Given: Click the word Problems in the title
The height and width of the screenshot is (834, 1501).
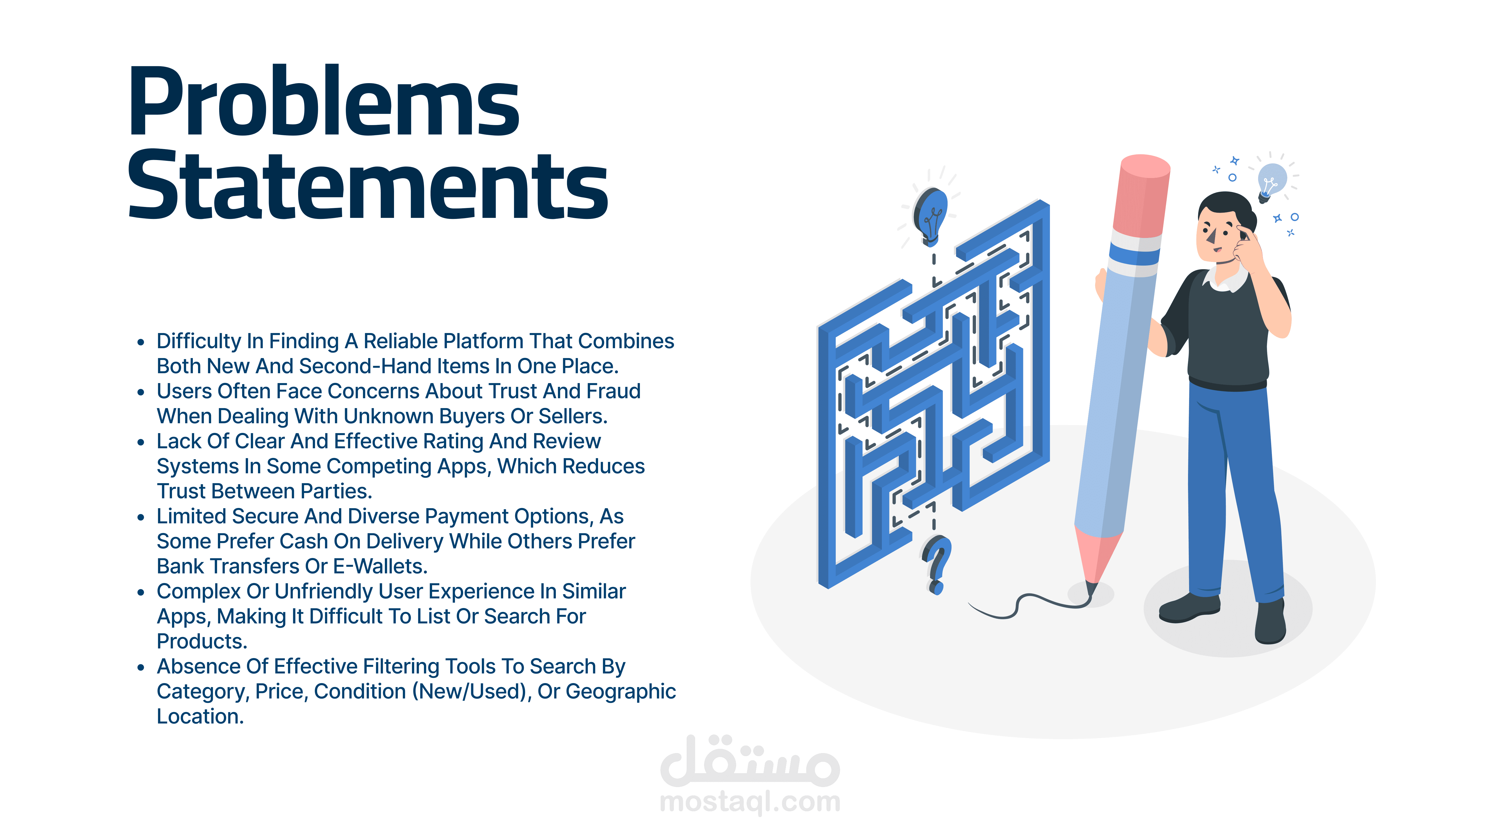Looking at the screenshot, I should coord(323,102).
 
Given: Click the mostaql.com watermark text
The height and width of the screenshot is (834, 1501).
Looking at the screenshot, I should coord(750,802).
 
